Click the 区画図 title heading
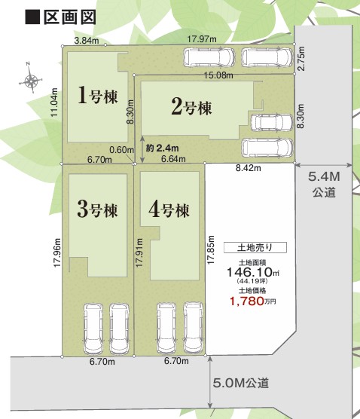(x=60, y=17)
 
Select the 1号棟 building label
(x=97, y=96)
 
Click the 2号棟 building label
(x=191, y=108)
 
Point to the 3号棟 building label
(x=97, y=209)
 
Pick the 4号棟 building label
(x=169, y=209)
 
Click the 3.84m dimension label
(x=87, y=41)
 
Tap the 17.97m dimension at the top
(x=202, y=39)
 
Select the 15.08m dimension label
(x=218, y=75)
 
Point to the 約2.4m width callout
(x=162, y=148)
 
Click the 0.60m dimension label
(x=121, y=150)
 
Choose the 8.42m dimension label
(x=249, y=168)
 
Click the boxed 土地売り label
(x=255, y=247)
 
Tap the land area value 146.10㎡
(x=253, y=272)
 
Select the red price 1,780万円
(x=253, y=301)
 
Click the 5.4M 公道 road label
(x=324, y=185)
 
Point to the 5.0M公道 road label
(x=240, y=383)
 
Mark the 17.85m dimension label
(x=211, y=250)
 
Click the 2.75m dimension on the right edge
(x=301, y=59)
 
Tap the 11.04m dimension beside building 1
(x=54, y=102)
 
